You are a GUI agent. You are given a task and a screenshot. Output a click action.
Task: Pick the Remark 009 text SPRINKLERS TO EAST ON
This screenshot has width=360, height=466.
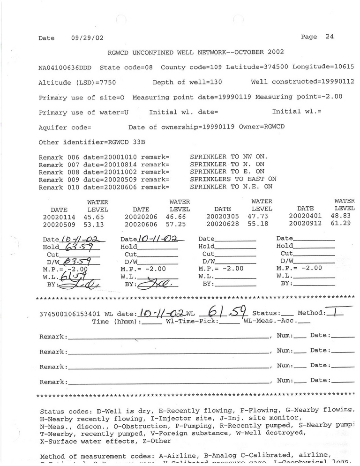pyautogui.click(x=233, y=179)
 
